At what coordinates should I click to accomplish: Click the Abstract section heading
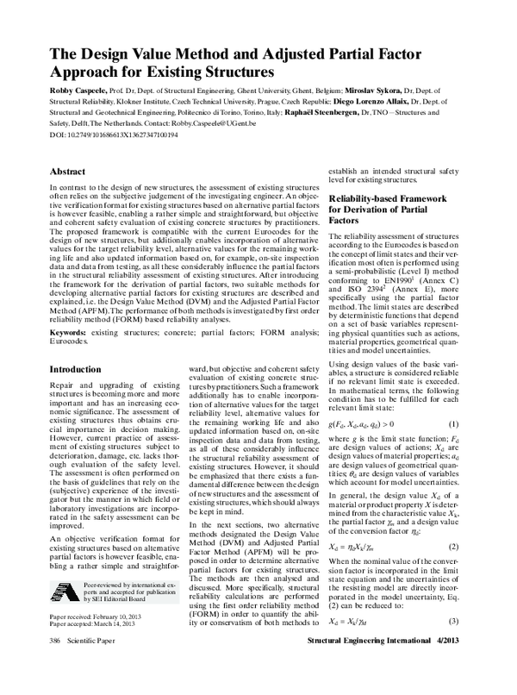67,172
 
